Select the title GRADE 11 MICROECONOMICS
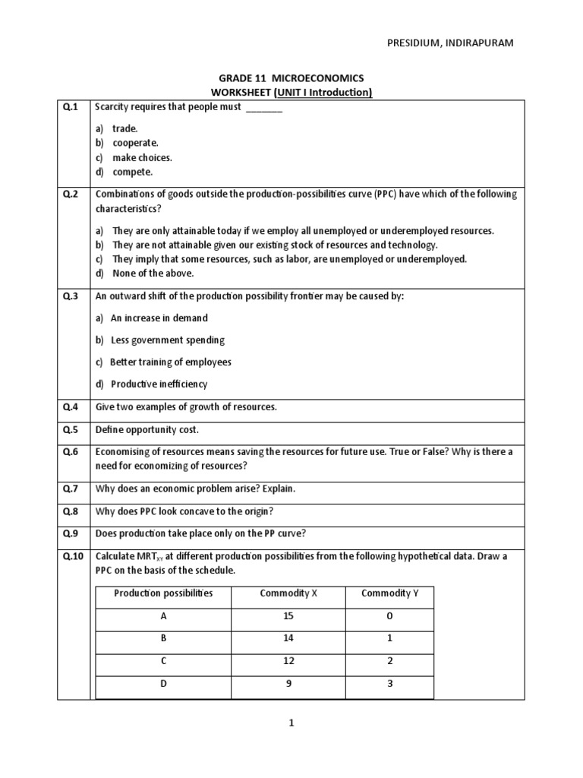291,78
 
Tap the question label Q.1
71,107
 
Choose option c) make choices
134,157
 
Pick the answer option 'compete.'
127,172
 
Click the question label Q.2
71,194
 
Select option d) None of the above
144,273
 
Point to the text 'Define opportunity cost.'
147,429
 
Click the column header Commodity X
288,593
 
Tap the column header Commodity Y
389,593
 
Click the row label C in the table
163,661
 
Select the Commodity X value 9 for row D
288,683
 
